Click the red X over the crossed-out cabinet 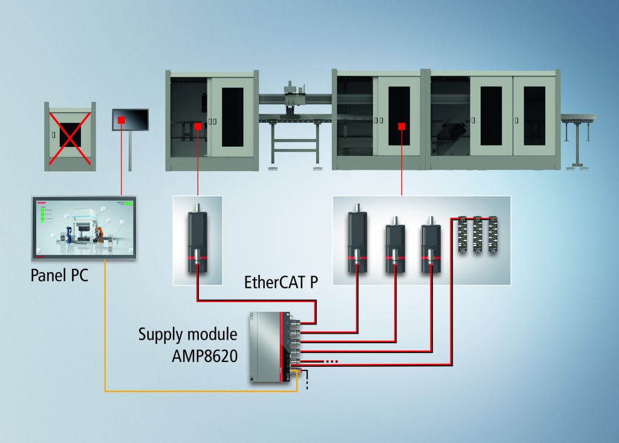pyautogui.click(x=70, y=137)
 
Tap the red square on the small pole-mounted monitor pyautogui.click(x=122, y=120)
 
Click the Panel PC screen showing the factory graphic pyautogui.click(x=84, y=227)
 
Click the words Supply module pyautogui.click(x=187, y=334)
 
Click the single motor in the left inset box pyautogui.click(x=198, y=239)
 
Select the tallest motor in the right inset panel pyautogui.click(x=357, y=239)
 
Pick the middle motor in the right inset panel pyautogui.click(x=395, y=245)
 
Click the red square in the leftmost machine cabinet pyautogui.click(x=198, y=126)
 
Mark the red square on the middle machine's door pyautogui.click(x=401, y=126)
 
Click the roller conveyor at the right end pyautogui.click(x=578, y=118)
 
